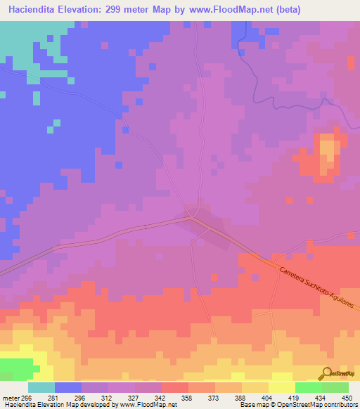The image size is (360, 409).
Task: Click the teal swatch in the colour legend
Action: coord(41,387)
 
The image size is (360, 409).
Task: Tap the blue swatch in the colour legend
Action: coord(68,387)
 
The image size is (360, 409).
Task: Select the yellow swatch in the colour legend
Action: coord(281,387)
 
